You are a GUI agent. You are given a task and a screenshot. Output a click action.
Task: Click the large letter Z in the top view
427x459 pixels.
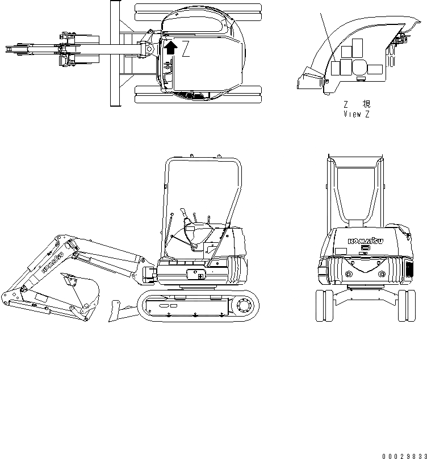(x=186, y=50)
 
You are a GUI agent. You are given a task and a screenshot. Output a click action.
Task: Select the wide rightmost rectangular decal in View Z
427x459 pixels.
(x=375, y=70)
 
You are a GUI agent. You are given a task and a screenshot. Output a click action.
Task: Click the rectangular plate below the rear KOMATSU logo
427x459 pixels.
(x=366, y=247)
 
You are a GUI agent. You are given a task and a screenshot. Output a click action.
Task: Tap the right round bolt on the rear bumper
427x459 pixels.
(x=380, y=275)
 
